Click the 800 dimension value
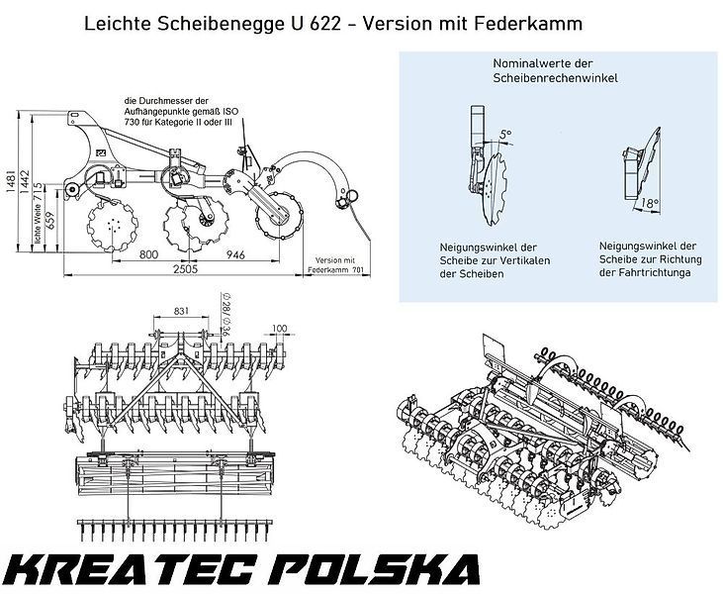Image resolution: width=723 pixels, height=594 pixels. pyautogui.click(x=147, y=255)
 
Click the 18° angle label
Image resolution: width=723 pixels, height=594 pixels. pyautogui.click(x=649, y=203)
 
